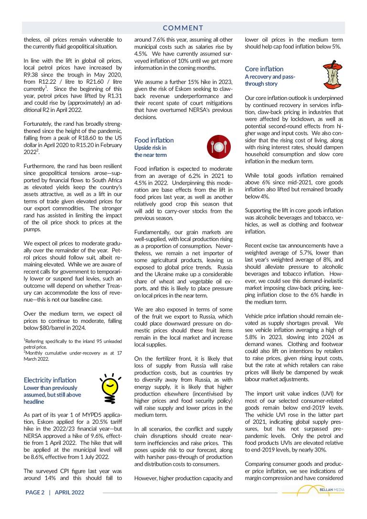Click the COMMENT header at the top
pyautogui.click(x=183, y=28)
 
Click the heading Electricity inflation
pyautogui.click(x=50, y=380)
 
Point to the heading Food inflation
pyautogui.click(x=154, y=140)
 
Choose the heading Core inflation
pyautogui.click(x=264, y=69)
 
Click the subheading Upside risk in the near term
pyautogui.click(x=151, y=151)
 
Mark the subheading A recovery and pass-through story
pyautogui.click(x=270, y=80)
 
